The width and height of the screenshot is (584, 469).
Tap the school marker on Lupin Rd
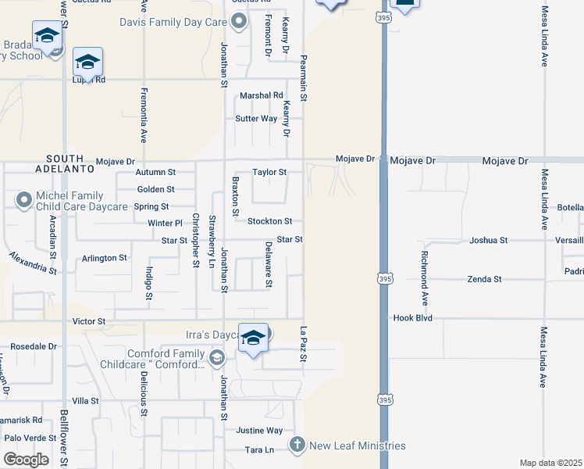88,62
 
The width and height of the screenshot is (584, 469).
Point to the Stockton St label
269,221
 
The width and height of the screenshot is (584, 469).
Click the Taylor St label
269,172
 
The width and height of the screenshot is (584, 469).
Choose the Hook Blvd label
413,318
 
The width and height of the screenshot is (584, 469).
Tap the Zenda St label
484,278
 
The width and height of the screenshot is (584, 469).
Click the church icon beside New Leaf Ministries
297,446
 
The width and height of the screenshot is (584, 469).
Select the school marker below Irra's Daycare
253,338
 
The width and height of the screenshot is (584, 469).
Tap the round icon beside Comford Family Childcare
216,358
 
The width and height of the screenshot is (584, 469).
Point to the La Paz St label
304,345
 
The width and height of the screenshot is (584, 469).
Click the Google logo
26,459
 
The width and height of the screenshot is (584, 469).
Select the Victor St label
88,321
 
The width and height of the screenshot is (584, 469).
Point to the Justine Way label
259,430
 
